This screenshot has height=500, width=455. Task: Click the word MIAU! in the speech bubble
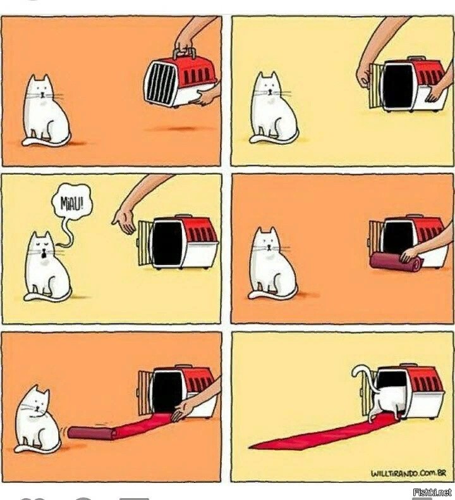73,202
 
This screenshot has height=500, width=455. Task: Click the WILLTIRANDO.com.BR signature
408,473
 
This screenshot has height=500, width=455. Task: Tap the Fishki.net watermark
432,492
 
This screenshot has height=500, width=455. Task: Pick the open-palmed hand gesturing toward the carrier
125,220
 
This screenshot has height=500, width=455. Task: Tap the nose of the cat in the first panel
43,94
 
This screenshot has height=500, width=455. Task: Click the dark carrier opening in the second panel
398,85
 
